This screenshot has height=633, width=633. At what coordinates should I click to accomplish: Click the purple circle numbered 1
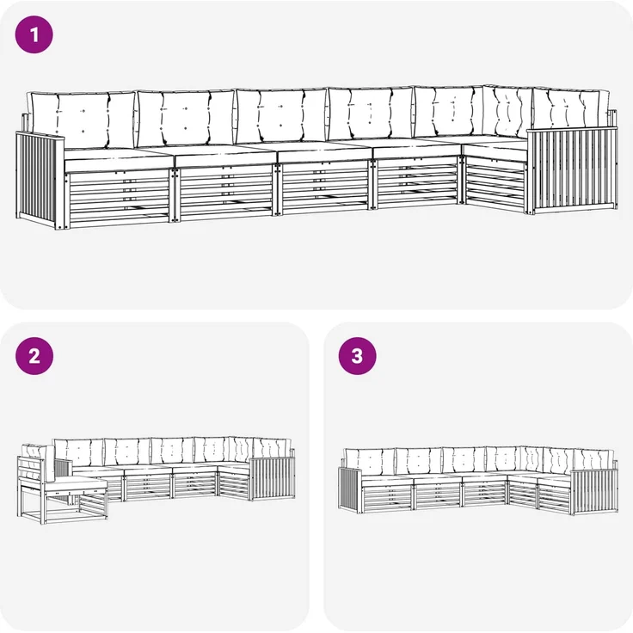[34, 34]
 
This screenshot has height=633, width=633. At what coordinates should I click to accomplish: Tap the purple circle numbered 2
[34, 356]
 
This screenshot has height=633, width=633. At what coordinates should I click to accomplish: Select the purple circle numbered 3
[357, 356]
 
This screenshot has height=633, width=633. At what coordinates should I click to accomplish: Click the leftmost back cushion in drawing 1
[83, 120]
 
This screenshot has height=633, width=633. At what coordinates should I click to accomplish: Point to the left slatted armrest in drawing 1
[40, 180]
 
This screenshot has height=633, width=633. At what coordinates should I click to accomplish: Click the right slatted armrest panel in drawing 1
[572, 170]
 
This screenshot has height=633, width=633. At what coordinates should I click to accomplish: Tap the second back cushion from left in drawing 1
[185, 118]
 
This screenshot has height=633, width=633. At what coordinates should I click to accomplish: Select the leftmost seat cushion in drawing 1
[119, 159]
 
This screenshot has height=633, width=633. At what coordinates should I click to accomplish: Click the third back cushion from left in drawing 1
[280, 116]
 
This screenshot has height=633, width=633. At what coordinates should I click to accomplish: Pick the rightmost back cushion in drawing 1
[571, 108]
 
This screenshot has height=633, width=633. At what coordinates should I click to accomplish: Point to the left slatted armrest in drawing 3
[349, 489]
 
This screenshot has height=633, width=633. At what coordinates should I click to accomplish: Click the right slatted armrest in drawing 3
[594, 491]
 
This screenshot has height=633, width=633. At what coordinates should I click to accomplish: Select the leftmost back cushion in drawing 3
[369, 462]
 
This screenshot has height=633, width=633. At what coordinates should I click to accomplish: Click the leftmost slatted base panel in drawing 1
[119, 198]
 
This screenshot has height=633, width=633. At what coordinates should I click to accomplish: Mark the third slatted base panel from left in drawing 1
[325, 187]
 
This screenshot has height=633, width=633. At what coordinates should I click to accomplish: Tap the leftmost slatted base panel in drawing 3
[387, 497]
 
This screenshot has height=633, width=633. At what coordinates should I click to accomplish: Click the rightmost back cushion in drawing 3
[593, 459]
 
